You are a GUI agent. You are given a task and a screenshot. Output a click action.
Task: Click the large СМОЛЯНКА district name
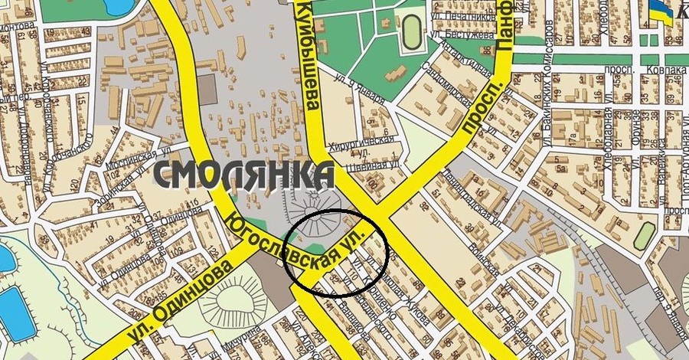coord(243,175)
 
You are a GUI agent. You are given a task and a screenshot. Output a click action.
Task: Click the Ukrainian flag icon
coord(659,11)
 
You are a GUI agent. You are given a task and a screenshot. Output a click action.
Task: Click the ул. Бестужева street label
coord(464,34)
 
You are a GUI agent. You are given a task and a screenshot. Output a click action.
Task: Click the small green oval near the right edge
coord(644,235)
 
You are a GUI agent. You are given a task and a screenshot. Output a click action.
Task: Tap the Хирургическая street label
coord(360,144)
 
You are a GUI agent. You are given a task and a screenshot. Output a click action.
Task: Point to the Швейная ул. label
coord(374,163)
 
